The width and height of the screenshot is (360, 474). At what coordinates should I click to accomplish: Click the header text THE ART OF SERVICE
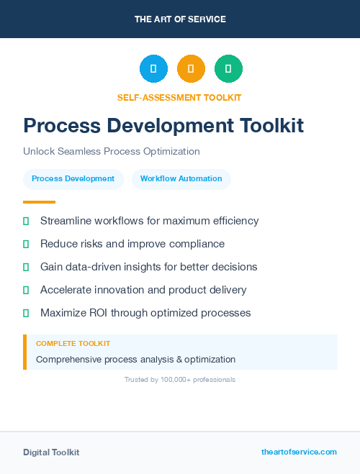tap(180, 19)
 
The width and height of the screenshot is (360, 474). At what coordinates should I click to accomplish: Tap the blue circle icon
tap(153, 69)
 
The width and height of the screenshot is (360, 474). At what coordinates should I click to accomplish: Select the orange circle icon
tap(191, 69)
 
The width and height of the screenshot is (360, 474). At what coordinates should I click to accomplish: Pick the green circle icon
tap(228, 69)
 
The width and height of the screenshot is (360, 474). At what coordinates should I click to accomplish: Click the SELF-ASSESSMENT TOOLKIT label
tap(179, 97)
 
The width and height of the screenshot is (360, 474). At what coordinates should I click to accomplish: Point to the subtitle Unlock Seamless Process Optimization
tap(111, 152)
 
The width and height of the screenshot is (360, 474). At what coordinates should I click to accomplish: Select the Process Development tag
tap(73, 178)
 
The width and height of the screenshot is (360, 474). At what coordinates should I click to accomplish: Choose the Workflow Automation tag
tap(181, 178)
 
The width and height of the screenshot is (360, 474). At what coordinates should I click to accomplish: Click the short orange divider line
tap(39, 202)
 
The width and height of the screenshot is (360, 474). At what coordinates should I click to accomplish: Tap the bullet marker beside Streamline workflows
tap(26, 221)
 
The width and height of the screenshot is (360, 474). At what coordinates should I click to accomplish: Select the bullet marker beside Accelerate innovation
tap(26, 290)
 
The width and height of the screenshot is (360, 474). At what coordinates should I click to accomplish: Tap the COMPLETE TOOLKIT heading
tap(73, 344)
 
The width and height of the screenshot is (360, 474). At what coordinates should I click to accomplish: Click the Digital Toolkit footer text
tap(51, 452)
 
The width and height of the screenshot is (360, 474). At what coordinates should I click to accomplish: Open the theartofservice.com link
tap(299, 452)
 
